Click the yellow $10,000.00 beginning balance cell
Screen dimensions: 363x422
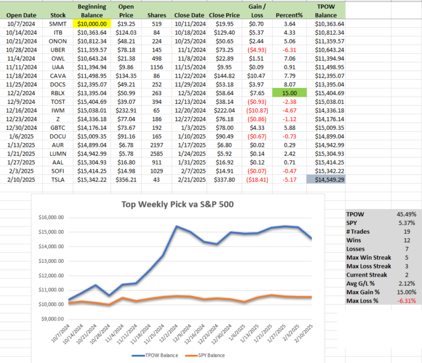pos(92,24)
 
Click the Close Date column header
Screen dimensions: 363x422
pos(190,15)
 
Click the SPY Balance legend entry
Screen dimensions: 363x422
pos(205,355)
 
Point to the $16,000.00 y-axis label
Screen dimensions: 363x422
pos(53,218)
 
